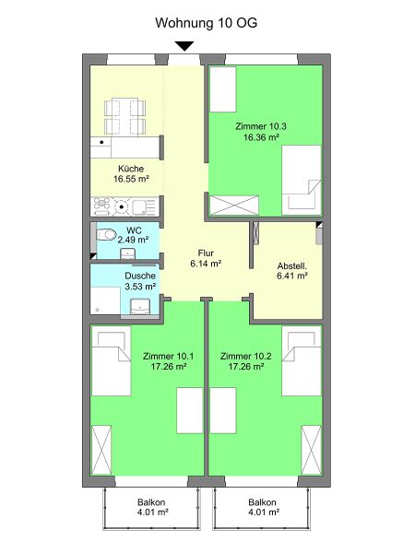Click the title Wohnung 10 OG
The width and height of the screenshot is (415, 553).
[206, 23]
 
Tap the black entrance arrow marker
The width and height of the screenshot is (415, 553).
[184, 46]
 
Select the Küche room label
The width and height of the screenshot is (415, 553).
[131, 169]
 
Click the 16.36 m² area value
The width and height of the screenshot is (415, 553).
[261, 137]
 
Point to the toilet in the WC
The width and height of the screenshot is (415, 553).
[106, 234]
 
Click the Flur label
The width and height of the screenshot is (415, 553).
[206, 253]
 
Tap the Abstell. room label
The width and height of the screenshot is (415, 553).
[291, 266]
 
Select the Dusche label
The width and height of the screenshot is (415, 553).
[140, 276]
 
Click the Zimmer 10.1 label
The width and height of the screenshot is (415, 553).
[169, 356]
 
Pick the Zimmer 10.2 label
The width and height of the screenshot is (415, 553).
[245, 356]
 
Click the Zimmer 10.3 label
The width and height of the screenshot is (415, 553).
[261, 126]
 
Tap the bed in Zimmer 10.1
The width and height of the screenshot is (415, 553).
[112, 360]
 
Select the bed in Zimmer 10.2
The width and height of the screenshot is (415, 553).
[302, 360]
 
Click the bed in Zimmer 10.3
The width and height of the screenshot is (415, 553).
[302, 181]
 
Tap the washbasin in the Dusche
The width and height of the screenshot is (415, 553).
[140, 307]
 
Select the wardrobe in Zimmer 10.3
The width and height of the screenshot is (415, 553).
[234, 206]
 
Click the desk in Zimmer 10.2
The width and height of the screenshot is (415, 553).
[223, 410]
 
